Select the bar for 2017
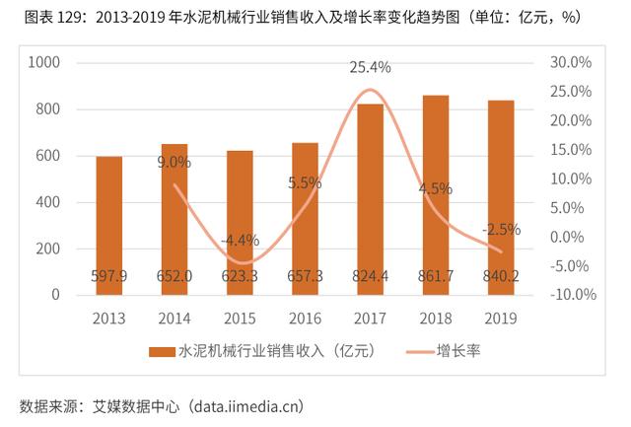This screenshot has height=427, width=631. [x=370, y=198]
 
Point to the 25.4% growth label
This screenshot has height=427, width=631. [x=370, y=67]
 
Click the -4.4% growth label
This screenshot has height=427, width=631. [x=240, y=240]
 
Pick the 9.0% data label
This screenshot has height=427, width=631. [x=175, y=162]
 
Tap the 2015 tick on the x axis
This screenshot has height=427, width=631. [x=240, y=318]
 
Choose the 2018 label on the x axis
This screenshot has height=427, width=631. [x=435, y=318]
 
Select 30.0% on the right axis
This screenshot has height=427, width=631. [x=569, y=62]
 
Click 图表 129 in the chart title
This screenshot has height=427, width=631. [x=45, y=18]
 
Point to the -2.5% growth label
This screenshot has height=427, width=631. [x=501, y=230]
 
